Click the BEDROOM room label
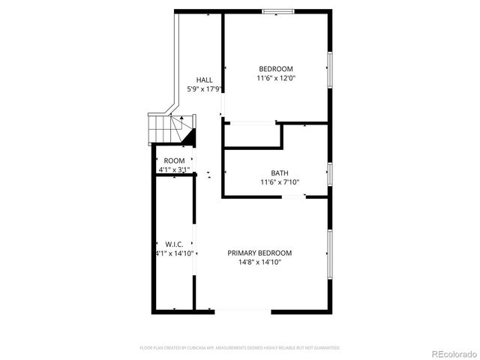[275, 68]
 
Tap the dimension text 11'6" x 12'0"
[275, 77]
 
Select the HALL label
[204, 80]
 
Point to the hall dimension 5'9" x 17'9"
[204, 89]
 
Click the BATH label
[268, 172]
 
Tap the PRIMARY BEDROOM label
[259, 253]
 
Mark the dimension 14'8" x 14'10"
[259, 262]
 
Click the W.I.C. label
[174, 244]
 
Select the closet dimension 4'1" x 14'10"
[174, 253]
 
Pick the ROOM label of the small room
[174, 160]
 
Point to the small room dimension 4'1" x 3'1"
[173, 169]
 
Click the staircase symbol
[163, 129]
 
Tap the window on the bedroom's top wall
[277, 10]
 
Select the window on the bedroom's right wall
[328, 68]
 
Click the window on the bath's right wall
[328, 172]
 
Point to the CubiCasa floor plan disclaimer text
[240, 348]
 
